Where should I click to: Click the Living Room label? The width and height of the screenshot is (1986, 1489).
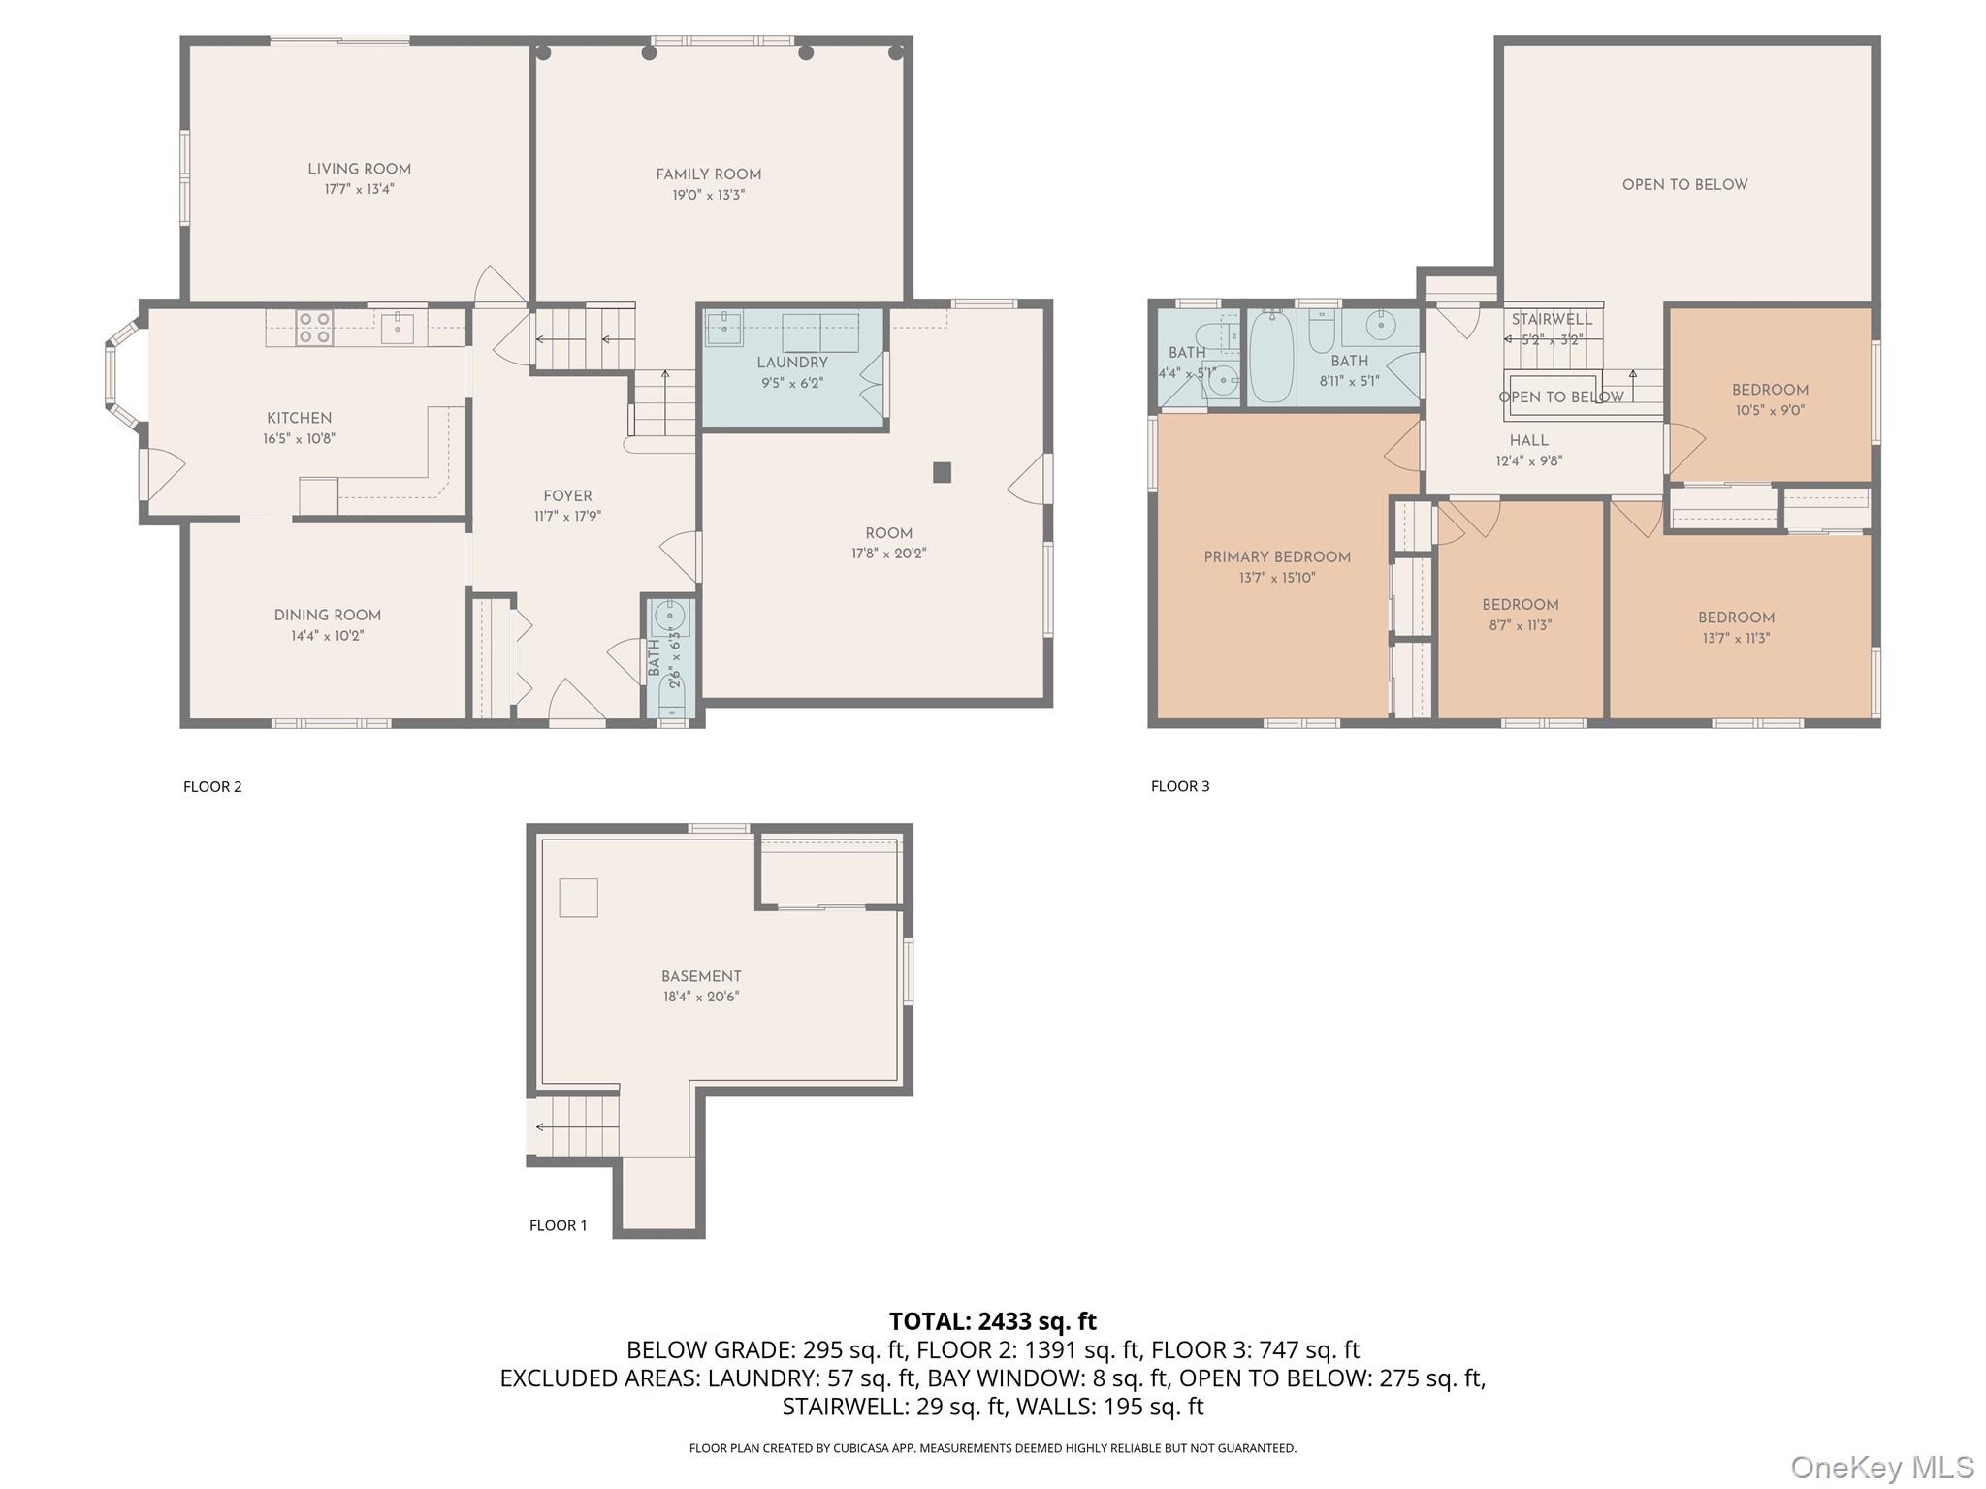click(359, 169)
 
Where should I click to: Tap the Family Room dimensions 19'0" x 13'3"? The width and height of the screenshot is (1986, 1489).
click(708, 195)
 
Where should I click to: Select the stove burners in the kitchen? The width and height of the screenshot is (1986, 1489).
click(314, 327)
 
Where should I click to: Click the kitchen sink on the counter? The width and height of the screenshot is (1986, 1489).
click(398, 328)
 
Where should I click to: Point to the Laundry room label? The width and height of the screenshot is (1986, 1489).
click(791, 363)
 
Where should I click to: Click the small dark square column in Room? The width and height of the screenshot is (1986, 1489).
click(942, 472)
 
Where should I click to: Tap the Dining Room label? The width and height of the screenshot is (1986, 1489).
click(327, 616)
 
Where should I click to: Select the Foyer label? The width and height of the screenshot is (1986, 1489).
click(567, 496)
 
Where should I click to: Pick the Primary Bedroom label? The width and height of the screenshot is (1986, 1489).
click(1276, 557)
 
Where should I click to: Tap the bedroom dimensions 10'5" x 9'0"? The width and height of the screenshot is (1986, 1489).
click(1770, 410)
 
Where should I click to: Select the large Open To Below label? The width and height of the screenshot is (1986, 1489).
click(1684, 185)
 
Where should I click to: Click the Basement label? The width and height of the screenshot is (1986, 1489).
click(701, 976)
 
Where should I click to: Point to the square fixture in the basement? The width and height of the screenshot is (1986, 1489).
click(578, 897)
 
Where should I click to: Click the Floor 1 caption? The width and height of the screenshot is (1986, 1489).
click(558, 1225)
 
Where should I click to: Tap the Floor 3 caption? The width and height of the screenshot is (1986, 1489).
click(1179, 786)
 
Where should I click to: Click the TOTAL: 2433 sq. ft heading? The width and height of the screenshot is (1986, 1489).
click(992, 1321)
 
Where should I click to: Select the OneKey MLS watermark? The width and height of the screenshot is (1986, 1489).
click(1881, 1467)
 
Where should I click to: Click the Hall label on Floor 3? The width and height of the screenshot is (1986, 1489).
click(1528, 441)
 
